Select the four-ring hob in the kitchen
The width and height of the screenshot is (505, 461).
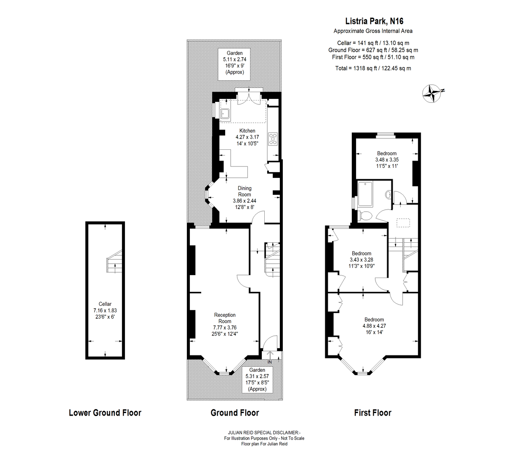(273, 139)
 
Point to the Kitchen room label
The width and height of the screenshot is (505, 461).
(247, 137)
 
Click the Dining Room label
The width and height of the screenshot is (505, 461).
(245, 198)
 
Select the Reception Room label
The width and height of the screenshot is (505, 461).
(225, 324)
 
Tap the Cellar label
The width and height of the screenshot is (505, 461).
(105, 310)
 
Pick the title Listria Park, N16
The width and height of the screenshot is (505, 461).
(374, 21)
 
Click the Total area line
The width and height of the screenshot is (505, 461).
(373, 68)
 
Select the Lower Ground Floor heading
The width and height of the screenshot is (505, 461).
(105, 413)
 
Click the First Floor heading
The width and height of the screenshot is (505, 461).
(372, 413)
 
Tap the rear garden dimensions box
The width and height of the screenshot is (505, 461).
(234, 64)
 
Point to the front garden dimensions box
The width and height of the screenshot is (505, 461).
(257, 379)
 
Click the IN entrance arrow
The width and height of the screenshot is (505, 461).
(270, 355)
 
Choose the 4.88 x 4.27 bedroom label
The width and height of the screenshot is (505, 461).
(374, 326)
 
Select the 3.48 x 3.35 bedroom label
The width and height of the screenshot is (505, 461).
(387, 160)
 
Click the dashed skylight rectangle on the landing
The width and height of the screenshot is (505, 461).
(403, 223)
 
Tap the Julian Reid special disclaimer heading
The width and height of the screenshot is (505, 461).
(264, 432)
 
